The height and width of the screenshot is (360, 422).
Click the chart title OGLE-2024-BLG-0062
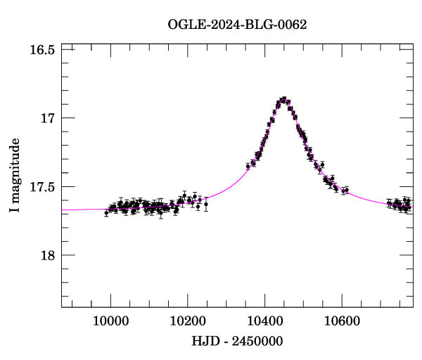[x=237, y=25]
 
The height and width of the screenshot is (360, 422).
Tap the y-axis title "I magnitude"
[x=15, y=175]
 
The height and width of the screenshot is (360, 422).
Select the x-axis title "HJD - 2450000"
[x=237, y=341]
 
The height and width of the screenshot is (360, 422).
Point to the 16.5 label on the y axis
[x=43, y=50]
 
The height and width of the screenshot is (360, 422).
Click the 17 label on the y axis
[x=48, y=118]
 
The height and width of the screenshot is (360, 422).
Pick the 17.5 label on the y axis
[x=43, y=186]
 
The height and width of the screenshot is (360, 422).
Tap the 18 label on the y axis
[x=48, y=255]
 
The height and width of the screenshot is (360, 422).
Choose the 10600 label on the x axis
[x=342, y=319]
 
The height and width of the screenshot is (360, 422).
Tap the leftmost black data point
[x=106, y=213]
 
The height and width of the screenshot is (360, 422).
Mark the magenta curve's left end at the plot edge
[x=62, y=210]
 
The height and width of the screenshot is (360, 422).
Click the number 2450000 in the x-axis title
[x=254, y=341]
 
